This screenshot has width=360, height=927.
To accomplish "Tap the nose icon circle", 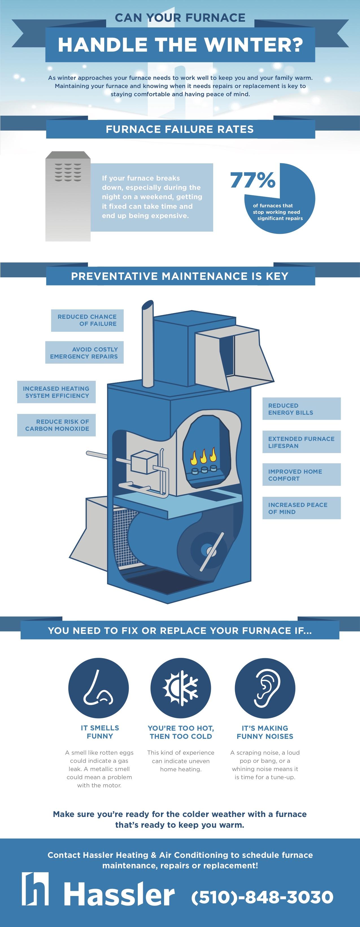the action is click(99, 688).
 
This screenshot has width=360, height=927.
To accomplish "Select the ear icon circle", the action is click(265, 688).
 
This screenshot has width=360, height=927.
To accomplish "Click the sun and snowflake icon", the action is click(181, 688).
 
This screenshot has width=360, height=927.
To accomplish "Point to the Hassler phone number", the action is click(262, 897).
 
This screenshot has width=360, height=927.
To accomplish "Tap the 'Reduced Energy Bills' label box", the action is click(302, 409).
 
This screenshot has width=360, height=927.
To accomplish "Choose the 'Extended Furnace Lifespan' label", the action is click(302, 442).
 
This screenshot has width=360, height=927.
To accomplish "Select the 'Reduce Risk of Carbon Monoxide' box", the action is click(56, 425).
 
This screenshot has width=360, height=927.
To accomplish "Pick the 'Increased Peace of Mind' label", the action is click(302, 508).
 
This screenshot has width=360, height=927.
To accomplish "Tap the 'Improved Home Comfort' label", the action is click(302, 475).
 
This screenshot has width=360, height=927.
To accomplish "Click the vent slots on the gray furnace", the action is click(68, 172).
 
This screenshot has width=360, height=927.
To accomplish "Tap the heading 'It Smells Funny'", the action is click(100, 732).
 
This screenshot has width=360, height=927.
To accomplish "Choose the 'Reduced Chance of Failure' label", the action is click(88, 320).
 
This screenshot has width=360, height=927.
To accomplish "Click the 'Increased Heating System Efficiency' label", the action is click(56, 392).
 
